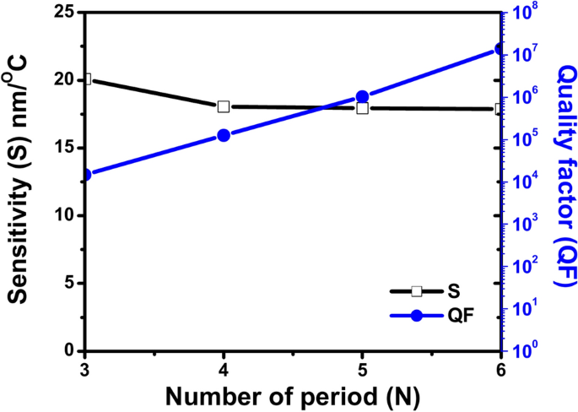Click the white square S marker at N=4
pos(224,106)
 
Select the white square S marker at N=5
pos(362,108)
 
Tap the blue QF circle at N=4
pos(224,135)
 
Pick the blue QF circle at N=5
pos(362,97)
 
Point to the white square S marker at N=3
pos(85,79)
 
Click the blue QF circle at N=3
pos(85,175)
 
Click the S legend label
pos(454,291)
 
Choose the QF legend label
pos(461,316)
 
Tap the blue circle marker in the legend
pos(416,316)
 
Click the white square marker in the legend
pos(416,291)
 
